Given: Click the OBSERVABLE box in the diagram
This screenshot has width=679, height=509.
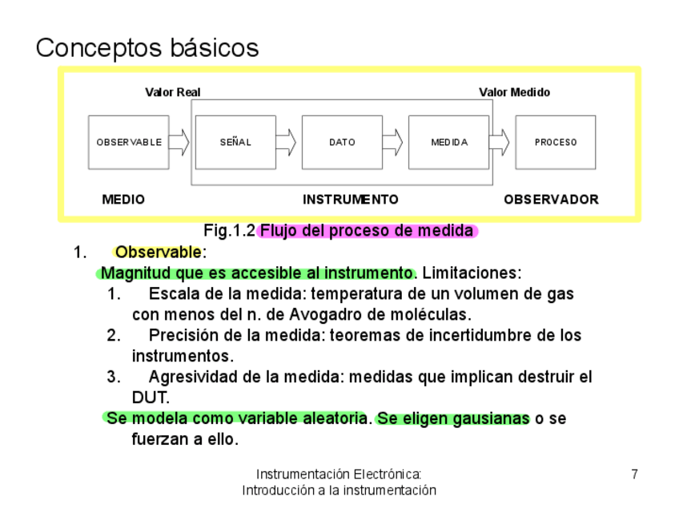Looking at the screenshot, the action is click(x=128, y=143).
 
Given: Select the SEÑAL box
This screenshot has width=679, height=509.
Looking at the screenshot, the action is click(x=235, y=143).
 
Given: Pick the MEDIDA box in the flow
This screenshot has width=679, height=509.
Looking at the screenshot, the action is click(x=448, y=143).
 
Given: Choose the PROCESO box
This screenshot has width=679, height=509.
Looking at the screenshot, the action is click(x=555, y=143).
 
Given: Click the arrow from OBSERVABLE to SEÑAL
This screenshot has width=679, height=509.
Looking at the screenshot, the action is click(x=179, y=143).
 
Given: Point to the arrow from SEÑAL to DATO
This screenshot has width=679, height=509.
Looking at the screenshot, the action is click(x=287, y=143).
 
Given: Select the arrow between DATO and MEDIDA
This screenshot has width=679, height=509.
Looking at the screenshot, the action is click(x=392, y=143).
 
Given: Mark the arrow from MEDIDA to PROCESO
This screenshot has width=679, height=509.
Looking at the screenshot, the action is click(x=500, y=143).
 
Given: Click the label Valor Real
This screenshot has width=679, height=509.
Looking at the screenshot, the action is click(x=172, y=92).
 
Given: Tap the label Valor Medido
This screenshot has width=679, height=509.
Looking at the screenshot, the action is click(x=514, y=92).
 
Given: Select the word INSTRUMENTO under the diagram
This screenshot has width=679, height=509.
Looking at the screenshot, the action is click(x=350, y=200).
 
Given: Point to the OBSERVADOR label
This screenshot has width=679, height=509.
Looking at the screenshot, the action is click(x=551, y=200).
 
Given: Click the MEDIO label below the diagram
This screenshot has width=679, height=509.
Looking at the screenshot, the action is click(x=123, y=200).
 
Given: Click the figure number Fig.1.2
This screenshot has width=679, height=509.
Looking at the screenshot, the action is click(x=229, y=232).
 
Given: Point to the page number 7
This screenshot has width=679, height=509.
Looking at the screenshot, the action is click(x=634, y=474).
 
